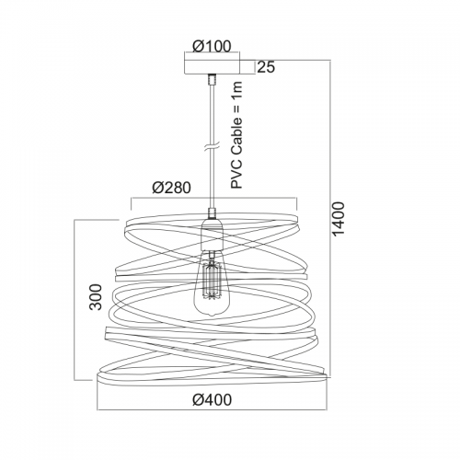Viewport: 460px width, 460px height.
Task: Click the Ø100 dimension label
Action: coord(212,46)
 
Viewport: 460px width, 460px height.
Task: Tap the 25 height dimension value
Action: coord(266,67)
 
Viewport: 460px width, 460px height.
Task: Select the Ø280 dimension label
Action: coord(171,188)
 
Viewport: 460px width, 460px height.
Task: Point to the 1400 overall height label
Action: coord(339,219)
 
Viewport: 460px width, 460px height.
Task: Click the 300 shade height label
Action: coord(96,297)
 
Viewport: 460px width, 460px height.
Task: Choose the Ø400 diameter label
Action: coord(213,399)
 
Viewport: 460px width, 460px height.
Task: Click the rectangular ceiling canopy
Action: coord(212,66)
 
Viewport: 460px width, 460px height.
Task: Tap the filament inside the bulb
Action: coord(211,279)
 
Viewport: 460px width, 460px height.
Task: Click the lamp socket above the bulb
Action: coord(211,234)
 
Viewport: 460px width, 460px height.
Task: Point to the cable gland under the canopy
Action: coord(212,79)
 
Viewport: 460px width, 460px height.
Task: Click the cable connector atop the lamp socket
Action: coord(212,213)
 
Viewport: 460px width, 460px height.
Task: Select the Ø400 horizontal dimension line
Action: coord(213,409)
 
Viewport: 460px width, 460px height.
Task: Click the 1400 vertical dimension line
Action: coord(330,219)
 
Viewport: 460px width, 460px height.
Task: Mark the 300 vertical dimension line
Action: coord(75,300)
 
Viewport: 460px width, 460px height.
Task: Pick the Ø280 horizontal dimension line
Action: coord(213,199)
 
